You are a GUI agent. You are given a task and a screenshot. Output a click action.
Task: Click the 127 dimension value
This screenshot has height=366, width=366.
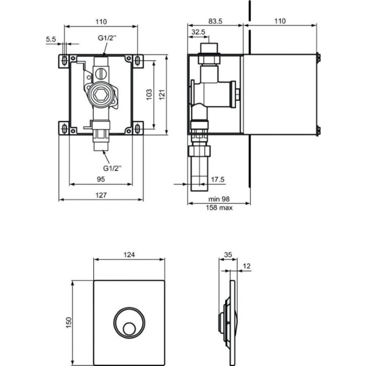point(102,195)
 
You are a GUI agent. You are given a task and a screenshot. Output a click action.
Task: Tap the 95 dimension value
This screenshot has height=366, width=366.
point(102,179)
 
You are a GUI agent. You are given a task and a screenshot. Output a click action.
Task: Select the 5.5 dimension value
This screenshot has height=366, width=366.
point(51,39)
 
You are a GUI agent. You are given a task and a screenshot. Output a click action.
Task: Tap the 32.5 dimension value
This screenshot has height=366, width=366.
point(198,31)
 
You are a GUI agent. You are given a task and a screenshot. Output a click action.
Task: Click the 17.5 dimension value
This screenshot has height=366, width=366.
point(218,179)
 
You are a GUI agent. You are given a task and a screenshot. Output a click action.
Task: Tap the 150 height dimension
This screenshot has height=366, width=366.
point(69,321)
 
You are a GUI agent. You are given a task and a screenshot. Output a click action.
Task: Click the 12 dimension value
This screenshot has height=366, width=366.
point(246,266)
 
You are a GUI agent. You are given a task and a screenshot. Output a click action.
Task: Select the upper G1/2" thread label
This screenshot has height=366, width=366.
point(106,38)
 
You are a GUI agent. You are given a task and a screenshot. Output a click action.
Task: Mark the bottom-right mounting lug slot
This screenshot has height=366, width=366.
point(140,127)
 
